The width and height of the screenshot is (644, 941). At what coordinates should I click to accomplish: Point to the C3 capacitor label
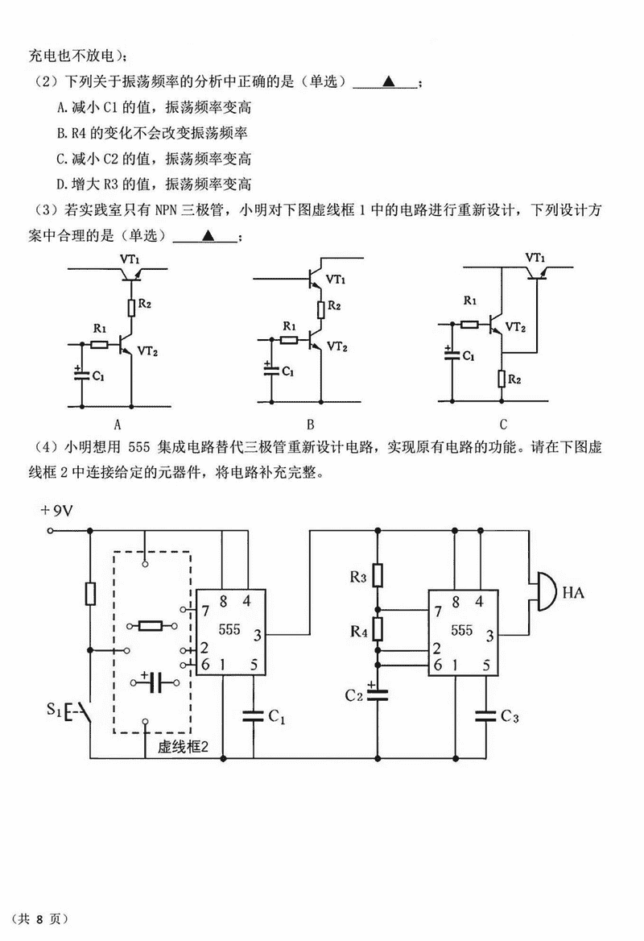(509, 716)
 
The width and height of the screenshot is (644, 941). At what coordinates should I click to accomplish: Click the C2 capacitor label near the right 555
(354, 694)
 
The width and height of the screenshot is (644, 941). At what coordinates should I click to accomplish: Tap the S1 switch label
(54, 710)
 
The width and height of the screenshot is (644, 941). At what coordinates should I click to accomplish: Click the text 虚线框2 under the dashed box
(183, 746)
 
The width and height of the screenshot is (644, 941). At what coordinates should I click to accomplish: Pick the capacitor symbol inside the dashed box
(155, 683)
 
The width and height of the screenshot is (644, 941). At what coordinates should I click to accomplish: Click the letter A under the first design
(118, 424)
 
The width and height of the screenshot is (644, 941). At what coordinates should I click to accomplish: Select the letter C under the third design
(503, 424)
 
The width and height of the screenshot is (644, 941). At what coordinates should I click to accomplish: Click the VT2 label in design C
(520, 328)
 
